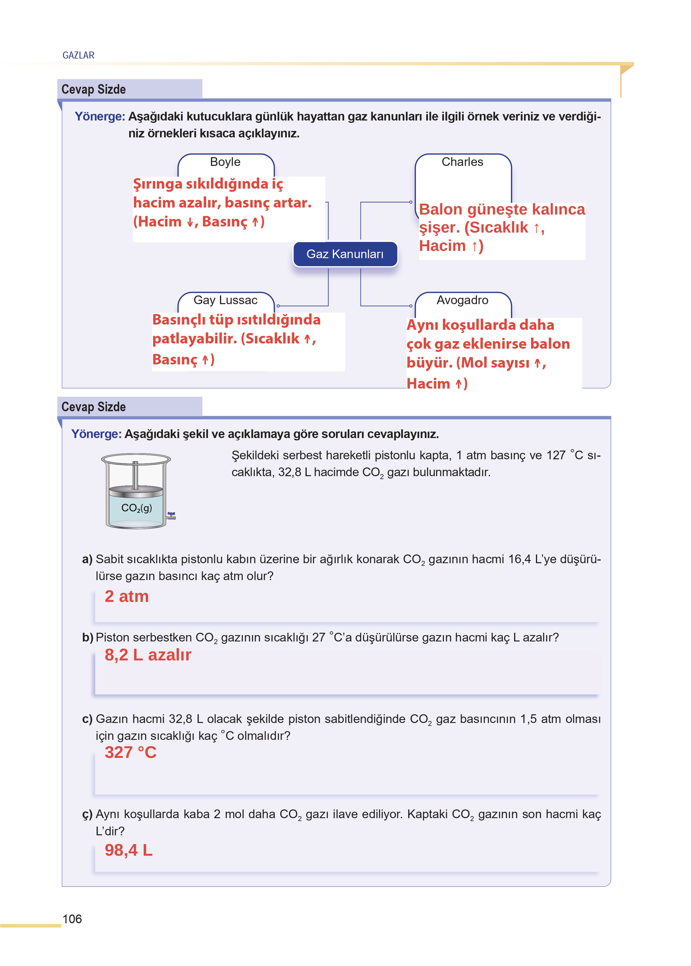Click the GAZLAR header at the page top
tap(78, 55)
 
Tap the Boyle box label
tap(225, 162)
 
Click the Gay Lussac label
tap(225, 300)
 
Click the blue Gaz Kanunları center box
tap(345, 254)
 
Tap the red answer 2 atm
tap(127, 597)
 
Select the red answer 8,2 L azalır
tap(148, 655)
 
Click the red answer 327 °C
tap(131, 752)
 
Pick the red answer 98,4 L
tap(129, 850)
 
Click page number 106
tap(72, 919)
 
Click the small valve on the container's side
tap(171, 516)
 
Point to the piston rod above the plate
tap(135, 474)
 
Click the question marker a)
tap(87, 559)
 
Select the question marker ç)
tap(87, 814)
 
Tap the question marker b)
tap(87, 637)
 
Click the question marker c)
tap(87, 719)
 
